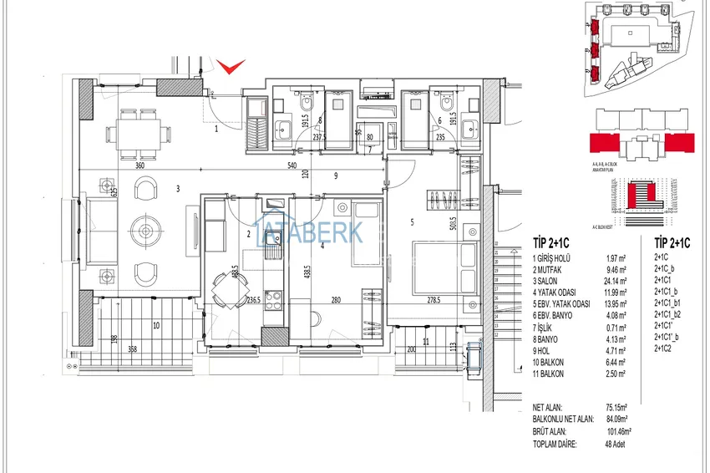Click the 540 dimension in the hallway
click(x=292, y=166)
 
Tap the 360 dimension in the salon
click(x=140, y=166)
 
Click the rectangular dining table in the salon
click(x=139, y=131)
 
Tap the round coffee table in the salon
click(x=147, y=230)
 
